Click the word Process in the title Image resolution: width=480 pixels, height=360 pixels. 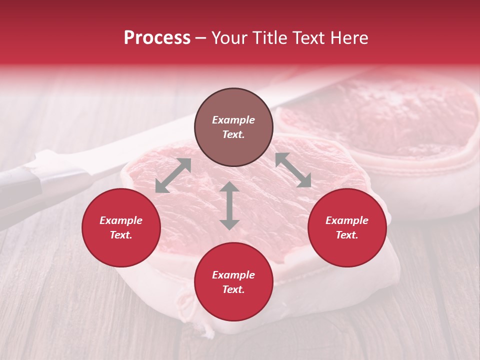157,38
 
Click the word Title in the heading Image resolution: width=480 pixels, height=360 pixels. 270,38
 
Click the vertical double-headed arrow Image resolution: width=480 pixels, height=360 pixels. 229,205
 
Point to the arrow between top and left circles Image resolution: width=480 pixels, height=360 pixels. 173,175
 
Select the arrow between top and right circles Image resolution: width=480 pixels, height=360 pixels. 293,170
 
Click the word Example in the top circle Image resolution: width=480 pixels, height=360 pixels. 233,120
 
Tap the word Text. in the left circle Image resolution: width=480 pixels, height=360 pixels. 121,235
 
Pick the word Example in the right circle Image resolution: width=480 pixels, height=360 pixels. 347,220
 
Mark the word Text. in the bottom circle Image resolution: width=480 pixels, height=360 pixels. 233,289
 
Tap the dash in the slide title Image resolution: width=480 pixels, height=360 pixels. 201,38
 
